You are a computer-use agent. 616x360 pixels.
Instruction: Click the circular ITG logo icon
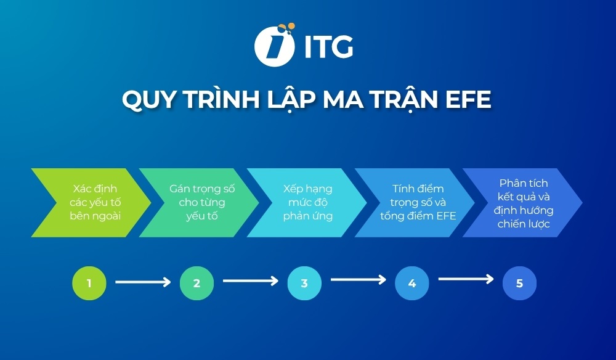tap(273, 45)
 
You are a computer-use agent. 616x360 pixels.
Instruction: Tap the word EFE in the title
tap(466, 100)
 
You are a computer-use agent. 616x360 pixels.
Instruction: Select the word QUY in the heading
tap(146, 100)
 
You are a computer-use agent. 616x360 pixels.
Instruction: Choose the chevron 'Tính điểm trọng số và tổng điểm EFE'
tap(416, 202)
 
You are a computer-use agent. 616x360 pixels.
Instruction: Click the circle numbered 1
tap(89, 284)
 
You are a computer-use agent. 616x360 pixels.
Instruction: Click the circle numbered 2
tap(197, 284)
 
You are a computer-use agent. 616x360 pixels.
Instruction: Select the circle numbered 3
tap(304, 284)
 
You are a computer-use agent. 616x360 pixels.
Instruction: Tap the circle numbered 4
tap(412, 284)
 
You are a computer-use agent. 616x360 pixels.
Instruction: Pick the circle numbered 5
tap(519, 284)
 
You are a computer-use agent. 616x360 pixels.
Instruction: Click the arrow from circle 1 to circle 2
tap(143, 282)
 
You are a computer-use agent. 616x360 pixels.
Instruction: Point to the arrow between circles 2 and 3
tap(251, 281)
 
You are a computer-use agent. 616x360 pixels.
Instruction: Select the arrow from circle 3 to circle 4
tap(358, 280)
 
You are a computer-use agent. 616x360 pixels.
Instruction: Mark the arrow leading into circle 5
tap(466, 279)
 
